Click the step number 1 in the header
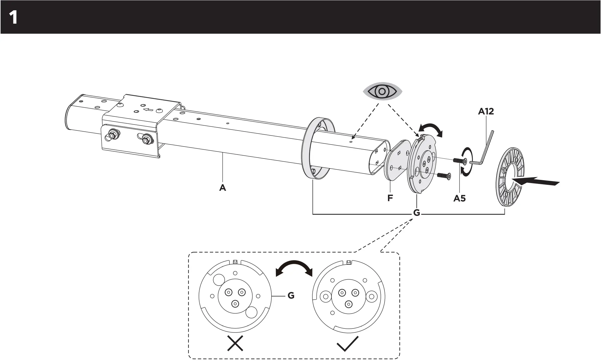(13, 18)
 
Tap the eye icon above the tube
(382, 91)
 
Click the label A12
(486, 111)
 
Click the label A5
(459, 198)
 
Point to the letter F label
(390, 198)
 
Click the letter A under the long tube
(222, 188)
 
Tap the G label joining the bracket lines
(416, 213)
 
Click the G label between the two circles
(291, 295)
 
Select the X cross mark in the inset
(235, 343)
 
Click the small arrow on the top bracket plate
(149, 110)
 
